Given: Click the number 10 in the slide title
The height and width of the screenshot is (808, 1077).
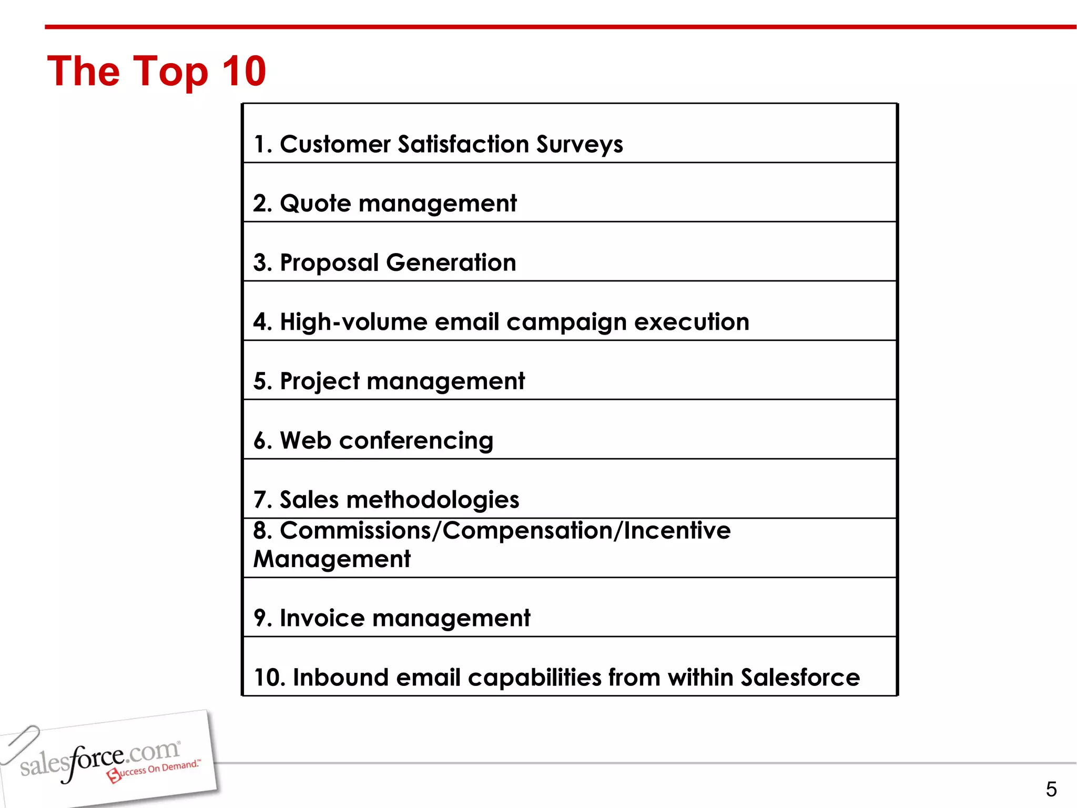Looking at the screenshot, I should click(x=244, y=71).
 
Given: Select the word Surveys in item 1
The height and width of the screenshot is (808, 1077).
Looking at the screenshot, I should click(x=580, y=145).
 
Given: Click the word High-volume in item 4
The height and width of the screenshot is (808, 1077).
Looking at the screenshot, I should click(x=353, y=322).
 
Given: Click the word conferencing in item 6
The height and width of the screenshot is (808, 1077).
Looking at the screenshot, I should click(x=416, y=441).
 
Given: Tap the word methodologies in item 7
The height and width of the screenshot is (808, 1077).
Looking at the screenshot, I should click(x=433, y=500).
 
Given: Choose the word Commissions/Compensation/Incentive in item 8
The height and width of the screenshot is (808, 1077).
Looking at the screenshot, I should click(x=505, y=531).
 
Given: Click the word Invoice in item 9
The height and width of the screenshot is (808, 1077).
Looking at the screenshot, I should click(x=322, y=618).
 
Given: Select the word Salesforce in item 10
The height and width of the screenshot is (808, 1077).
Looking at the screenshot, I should click(x=800, y=678).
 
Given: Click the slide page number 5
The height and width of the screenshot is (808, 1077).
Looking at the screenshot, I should click(x=1051, y=789).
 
